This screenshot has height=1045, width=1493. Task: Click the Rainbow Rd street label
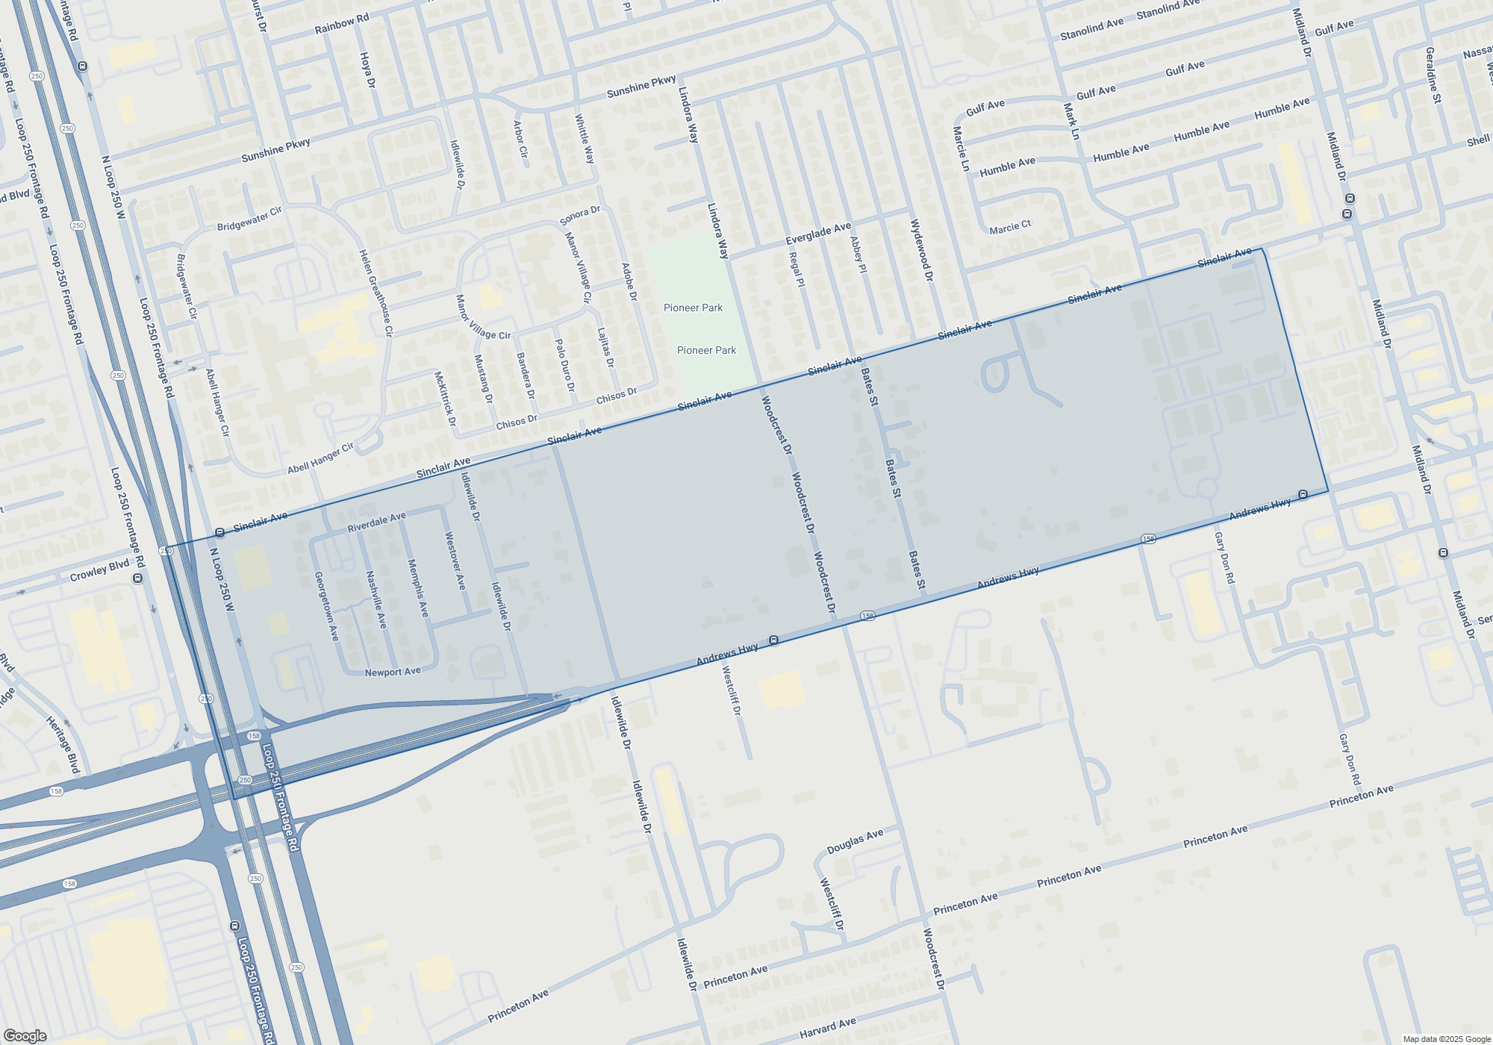(342, 24)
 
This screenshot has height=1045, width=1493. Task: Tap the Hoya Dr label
(367, 70)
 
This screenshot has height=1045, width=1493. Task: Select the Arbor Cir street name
(520, 139)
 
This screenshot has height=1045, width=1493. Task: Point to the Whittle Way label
(585, 139)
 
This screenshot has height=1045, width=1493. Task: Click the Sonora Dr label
(580, 216)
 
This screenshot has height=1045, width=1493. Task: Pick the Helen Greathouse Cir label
(375, 293)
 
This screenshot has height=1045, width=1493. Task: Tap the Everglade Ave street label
(818, 234)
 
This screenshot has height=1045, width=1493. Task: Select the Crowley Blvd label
(99, 571)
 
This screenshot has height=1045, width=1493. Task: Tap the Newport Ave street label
(393, 672)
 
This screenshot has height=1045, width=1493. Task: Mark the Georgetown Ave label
(326, 606)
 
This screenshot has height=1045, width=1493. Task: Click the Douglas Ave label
(855, 842)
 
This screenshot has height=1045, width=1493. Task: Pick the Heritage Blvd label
(63, 744)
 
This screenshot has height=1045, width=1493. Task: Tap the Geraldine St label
(1433, 75)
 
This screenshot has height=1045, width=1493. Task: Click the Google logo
(25, 1036)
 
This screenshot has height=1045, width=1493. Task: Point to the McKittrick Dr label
(445, 399)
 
